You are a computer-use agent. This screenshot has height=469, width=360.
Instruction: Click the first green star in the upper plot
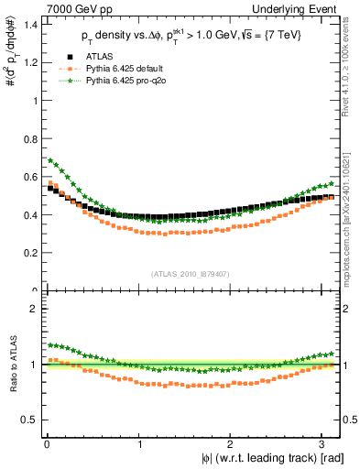(50, 160)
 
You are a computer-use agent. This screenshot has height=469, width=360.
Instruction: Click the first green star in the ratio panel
(50, 345)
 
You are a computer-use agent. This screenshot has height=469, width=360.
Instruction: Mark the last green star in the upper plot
(331, 183)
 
